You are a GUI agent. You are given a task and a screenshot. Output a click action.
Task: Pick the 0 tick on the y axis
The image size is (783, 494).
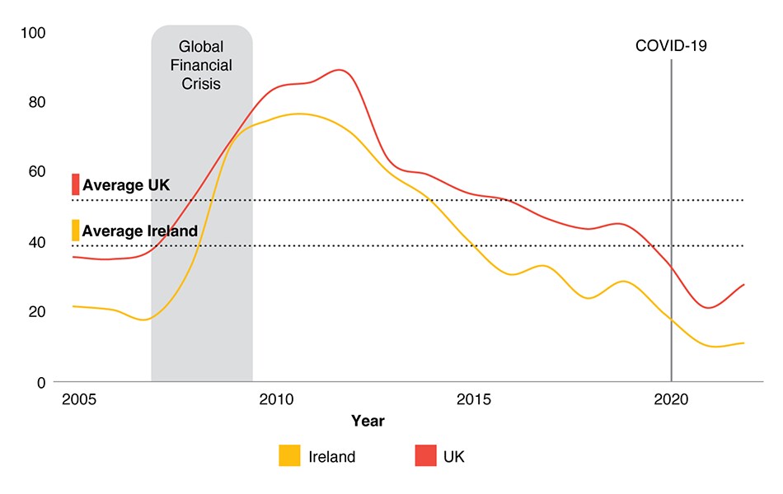click(x=40, y=382)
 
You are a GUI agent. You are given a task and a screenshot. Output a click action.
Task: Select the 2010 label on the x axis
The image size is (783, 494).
click(x=276, y=399)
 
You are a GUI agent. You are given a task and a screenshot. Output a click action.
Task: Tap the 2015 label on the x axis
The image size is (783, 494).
click(x=474, y=399)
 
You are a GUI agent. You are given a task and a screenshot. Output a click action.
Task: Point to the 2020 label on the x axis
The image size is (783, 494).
click(x=672, y=399)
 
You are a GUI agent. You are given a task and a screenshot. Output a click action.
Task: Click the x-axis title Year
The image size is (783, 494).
click(x=368, y=421)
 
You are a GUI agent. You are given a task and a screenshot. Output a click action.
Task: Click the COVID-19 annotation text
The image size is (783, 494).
click(x=671, y=46)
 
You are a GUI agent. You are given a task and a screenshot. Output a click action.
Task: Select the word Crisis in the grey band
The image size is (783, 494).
click(x=202, y=83)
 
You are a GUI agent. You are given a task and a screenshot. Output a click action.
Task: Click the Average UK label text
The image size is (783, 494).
click(x=126, y=185)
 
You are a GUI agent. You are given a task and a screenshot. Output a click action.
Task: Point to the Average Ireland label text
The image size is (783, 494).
click(x=140, y=231)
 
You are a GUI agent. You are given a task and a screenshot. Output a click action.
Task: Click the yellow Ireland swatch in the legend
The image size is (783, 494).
click(x=289, y=455)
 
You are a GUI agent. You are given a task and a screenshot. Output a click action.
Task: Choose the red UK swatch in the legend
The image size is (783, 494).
click(x=424, y=455)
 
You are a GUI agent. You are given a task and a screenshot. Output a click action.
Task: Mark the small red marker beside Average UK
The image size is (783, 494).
click(x=75, y=184)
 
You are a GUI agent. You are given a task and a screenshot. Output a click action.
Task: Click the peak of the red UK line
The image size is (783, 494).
click(x=340, y=70)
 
